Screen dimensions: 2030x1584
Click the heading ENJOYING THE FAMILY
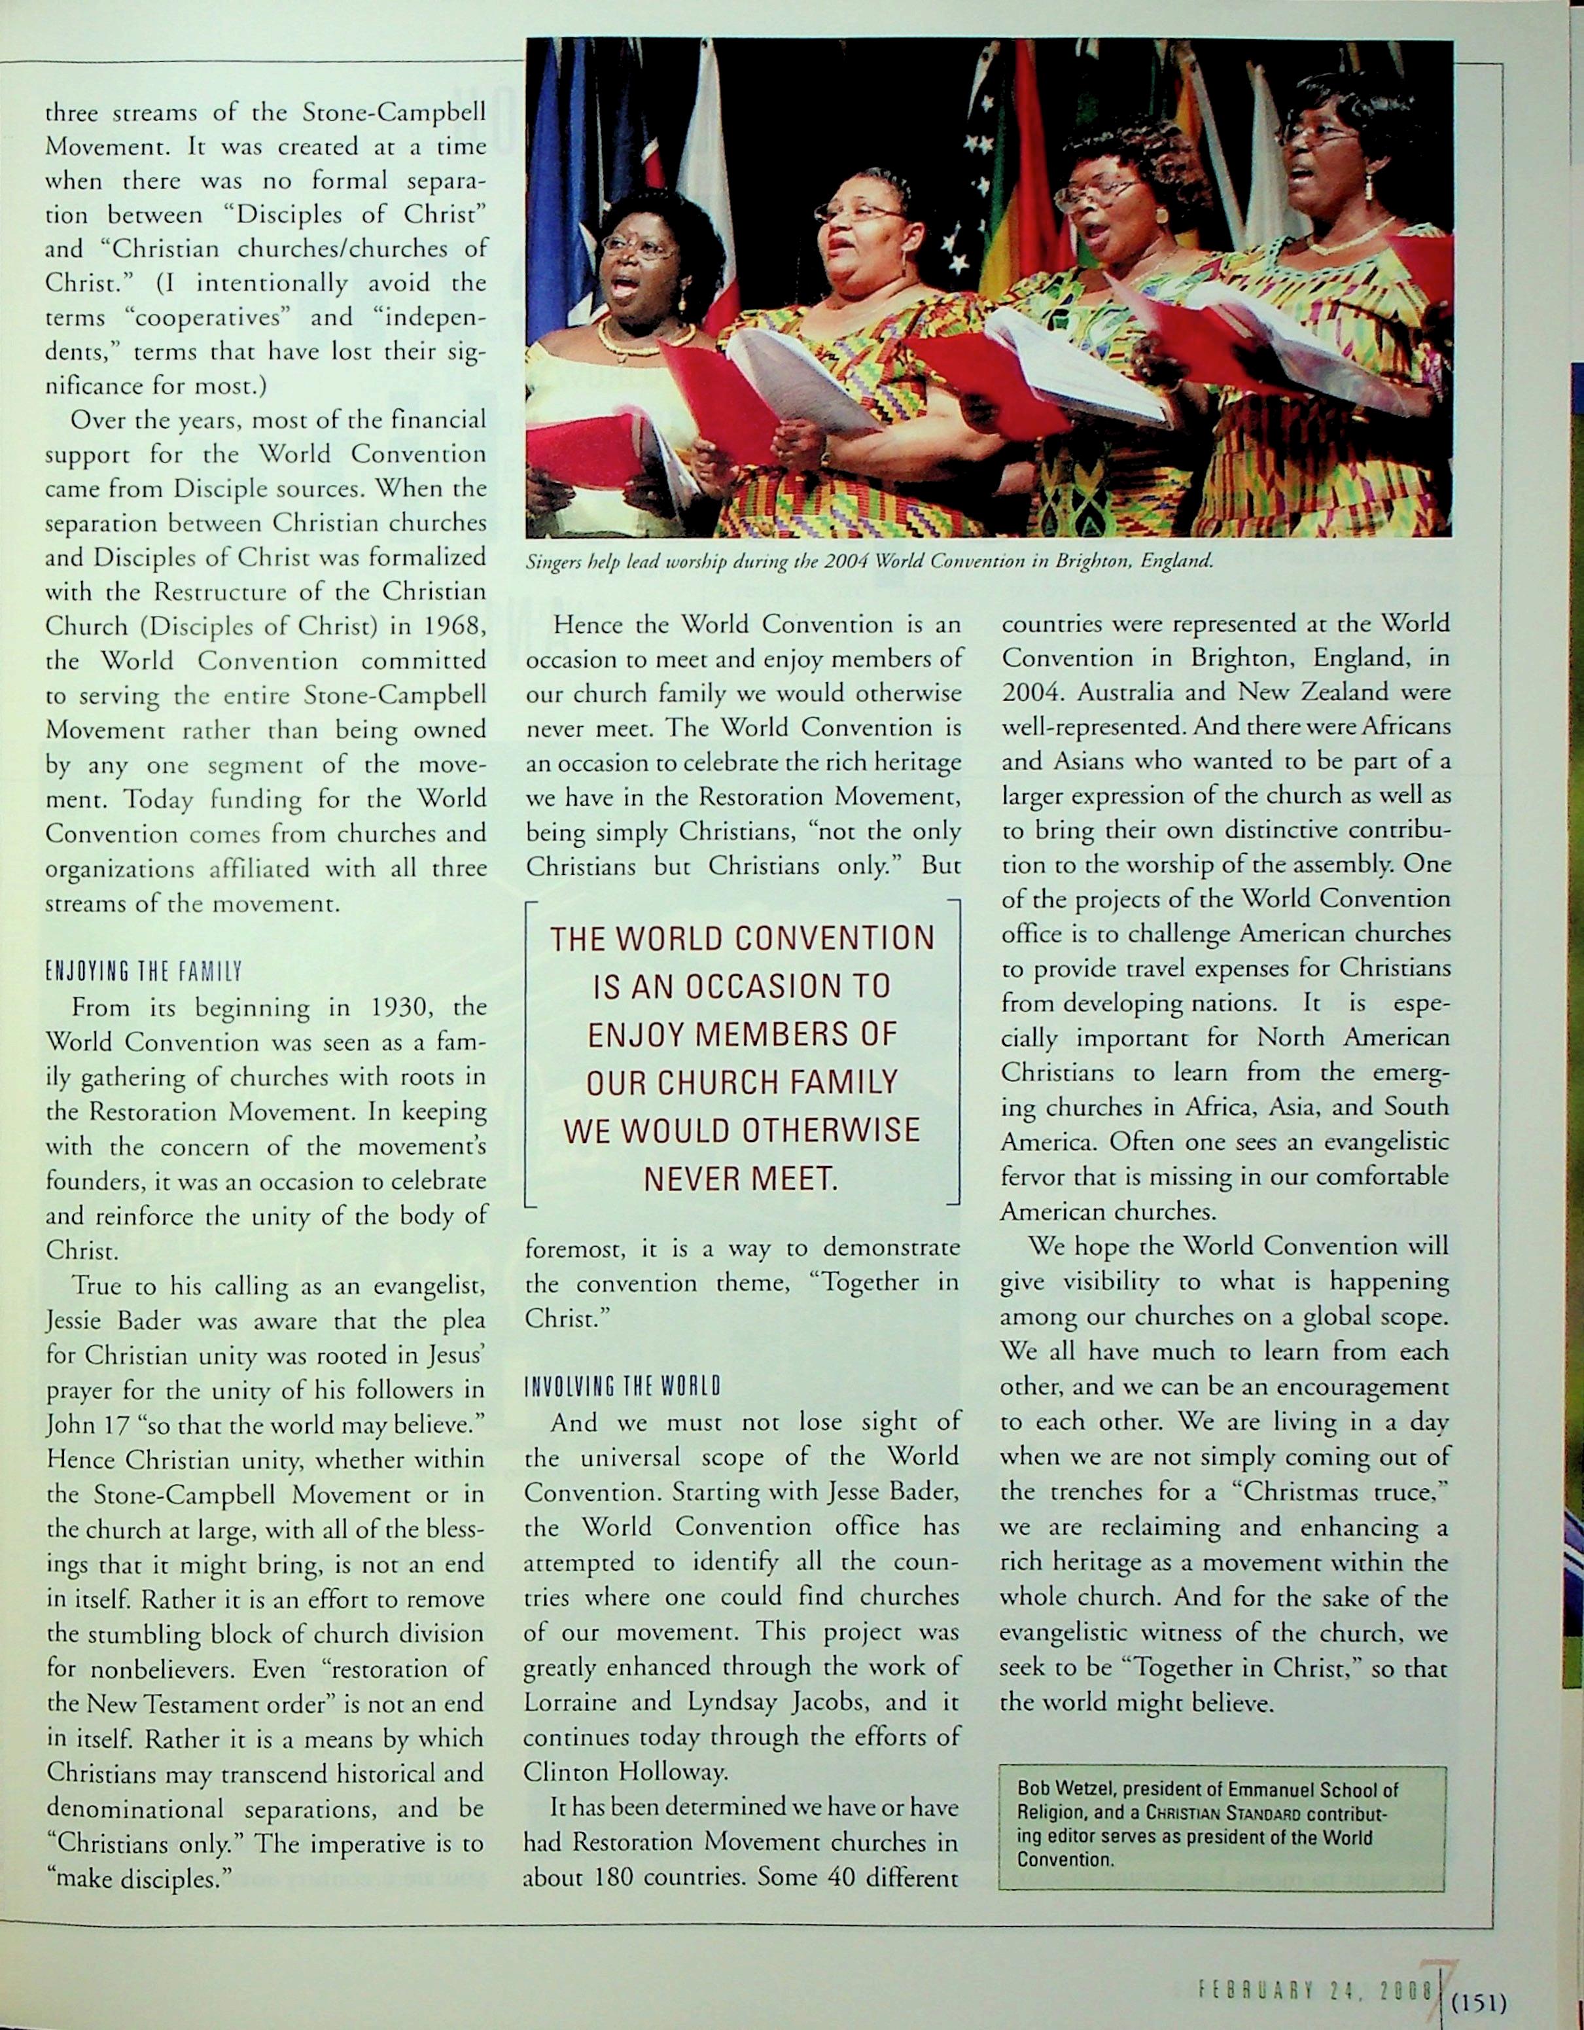pos(144,972)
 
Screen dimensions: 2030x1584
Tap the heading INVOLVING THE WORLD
pos(622,1388)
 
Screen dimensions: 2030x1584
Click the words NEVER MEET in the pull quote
pos(741,1179)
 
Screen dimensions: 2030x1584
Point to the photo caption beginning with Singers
pos(870,561)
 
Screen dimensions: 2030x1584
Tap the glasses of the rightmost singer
pos(1316,135)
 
